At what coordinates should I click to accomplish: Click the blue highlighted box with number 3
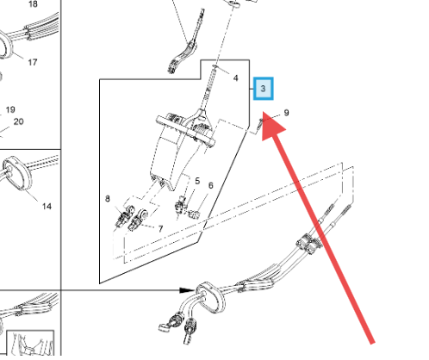tap(263, 89)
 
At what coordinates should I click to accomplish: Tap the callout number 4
tap(236, 78)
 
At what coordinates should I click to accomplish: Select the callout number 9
tap(286, 113)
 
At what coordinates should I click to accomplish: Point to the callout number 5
tap(197, 181)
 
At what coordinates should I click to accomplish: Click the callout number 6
tap(211, 185)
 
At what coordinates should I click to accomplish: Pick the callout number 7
tap(160, 228)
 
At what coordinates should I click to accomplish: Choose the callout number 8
tap(108, 198)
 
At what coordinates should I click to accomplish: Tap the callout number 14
tap(47, 206)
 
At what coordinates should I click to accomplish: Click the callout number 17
tap(33, 62)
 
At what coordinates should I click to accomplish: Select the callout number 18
tap(33, 3)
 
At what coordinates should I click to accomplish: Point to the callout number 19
tap(10, 109)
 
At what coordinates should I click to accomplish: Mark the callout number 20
tap(18, 121)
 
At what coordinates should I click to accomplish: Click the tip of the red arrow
tap(264, 112)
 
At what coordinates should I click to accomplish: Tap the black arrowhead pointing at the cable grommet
tap(187, 290)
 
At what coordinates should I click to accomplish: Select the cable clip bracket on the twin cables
tap(309, 244)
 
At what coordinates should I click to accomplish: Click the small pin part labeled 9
tap(260, 123)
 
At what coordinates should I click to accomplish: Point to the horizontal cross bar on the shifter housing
tap(185, 131)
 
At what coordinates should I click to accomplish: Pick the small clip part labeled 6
tap(195, 214)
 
